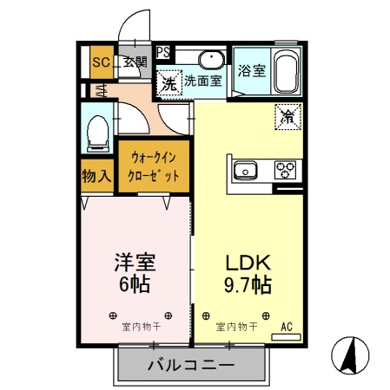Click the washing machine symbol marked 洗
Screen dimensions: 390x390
pyautogui.click(x=169, y=83)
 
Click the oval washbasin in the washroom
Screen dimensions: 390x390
pyautogui.click(x=209, y=59)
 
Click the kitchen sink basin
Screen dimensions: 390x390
pyautogui.click(x=246, y=170)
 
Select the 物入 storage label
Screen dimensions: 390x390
pyautogui.click(x=97, y=176)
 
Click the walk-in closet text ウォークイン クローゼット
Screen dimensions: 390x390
pyautogui.click(x=155, y=166)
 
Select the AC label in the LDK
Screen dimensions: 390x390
pyautogui.click(x=287, y=328)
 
